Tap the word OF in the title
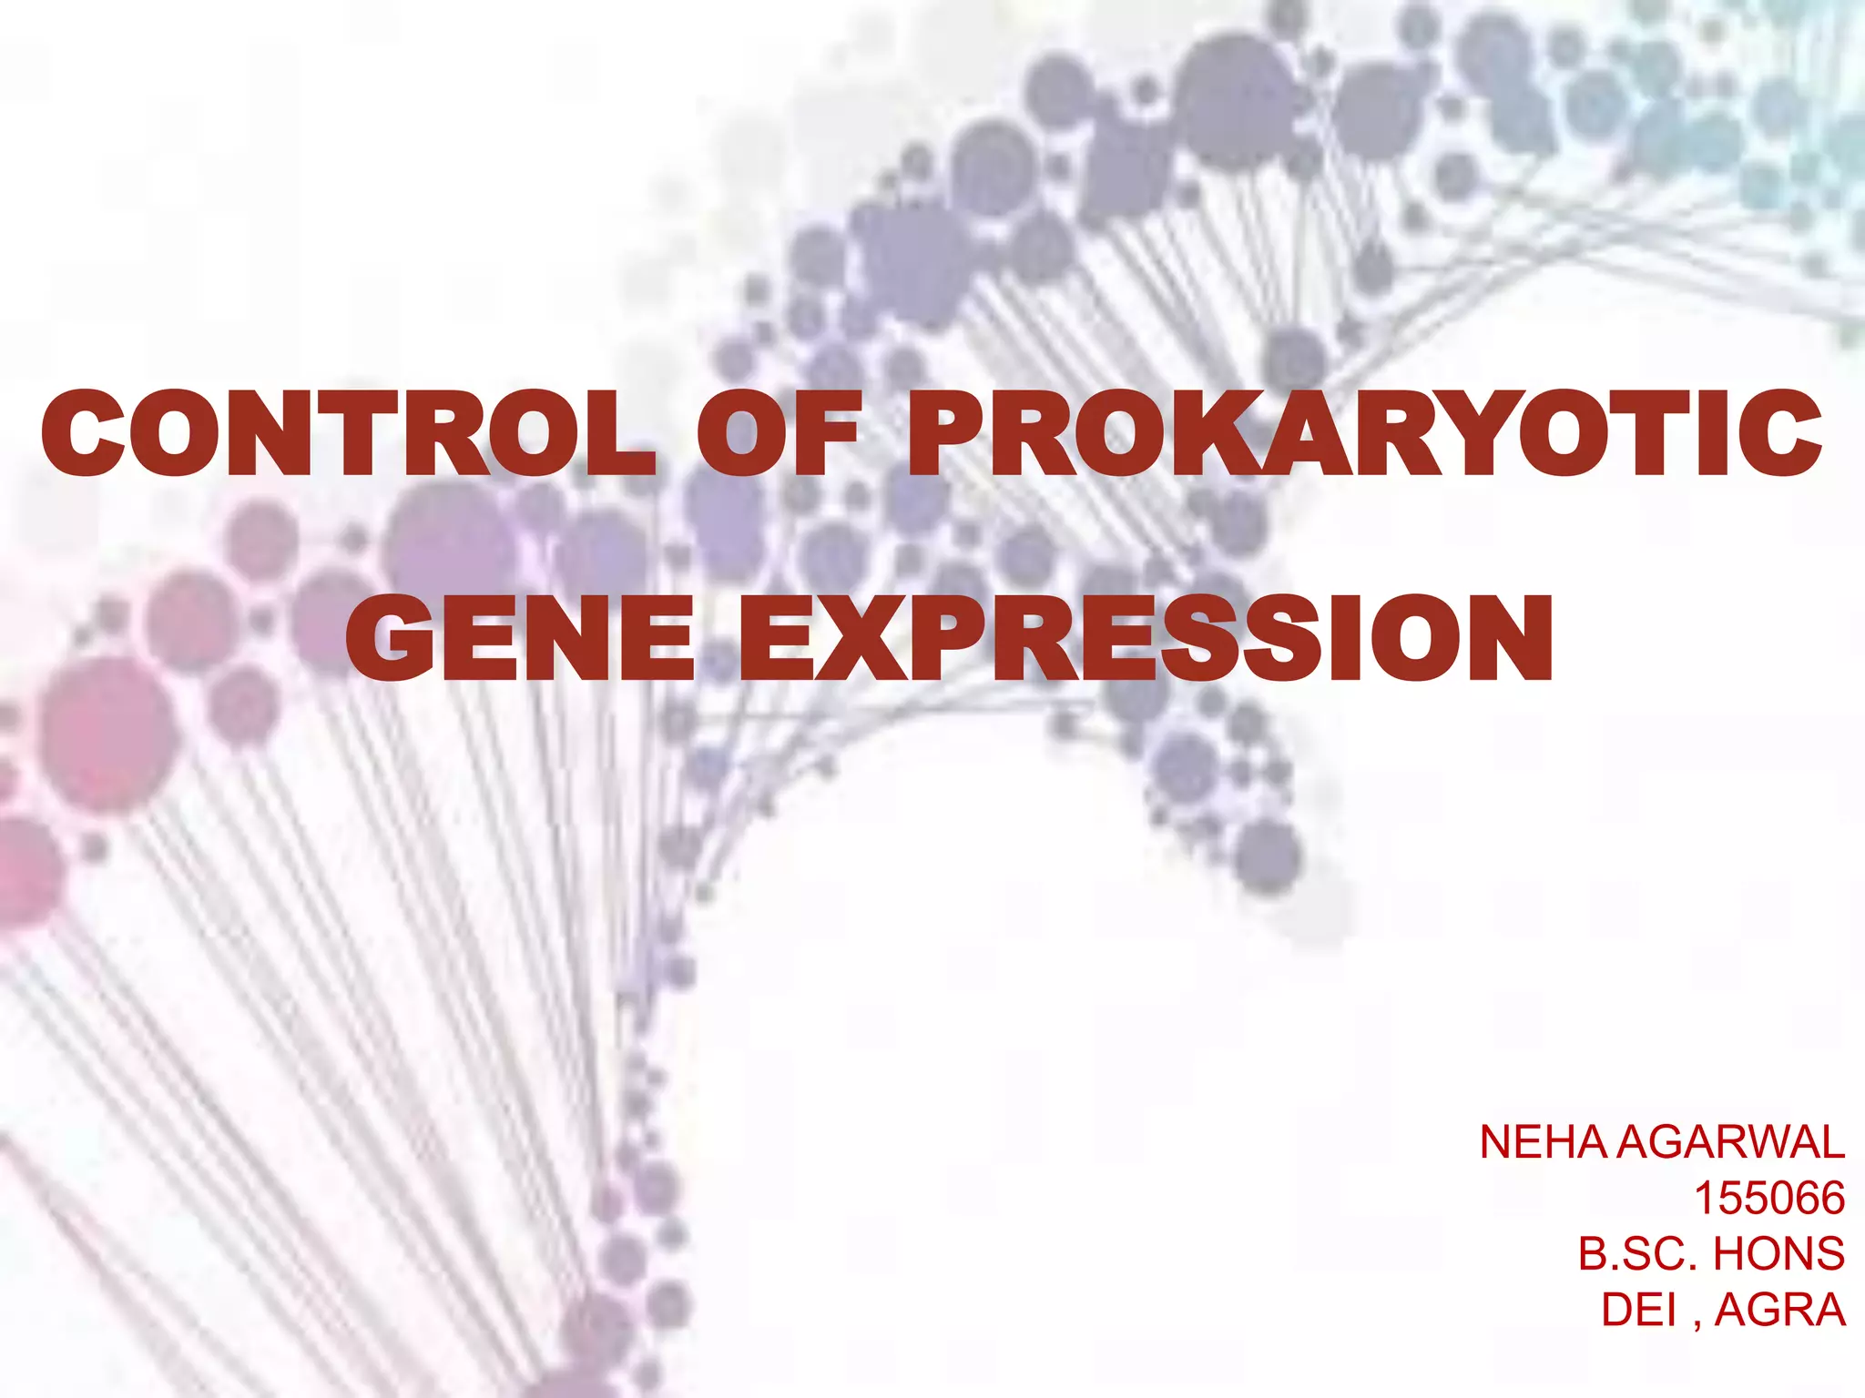tap(780, 432)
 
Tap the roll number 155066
tap(1769, 1198)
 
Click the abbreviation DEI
tap(1639, 1310)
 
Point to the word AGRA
tap(1780, 1310)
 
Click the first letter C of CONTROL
tap(84, 432)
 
